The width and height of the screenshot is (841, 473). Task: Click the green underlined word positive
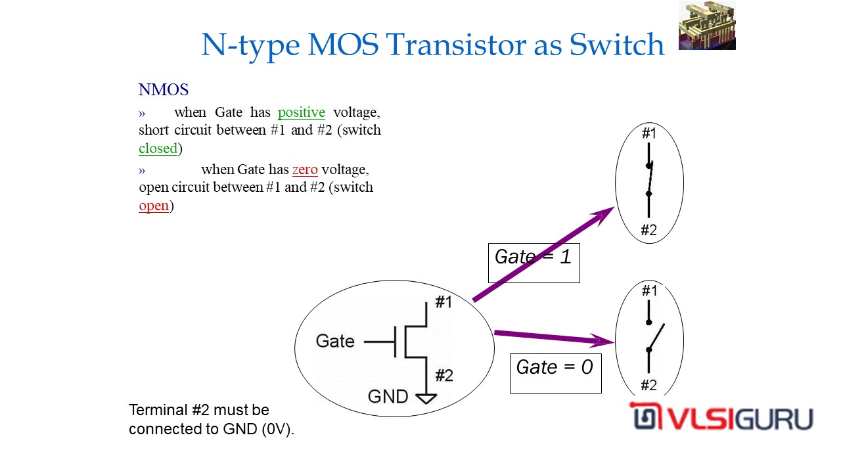coord(301,112)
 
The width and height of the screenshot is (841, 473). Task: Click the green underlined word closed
coord(158,148)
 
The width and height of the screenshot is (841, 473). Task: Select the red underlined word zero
coord(305,169)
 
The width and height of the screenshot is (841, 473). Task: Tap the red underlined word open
coord(154,206)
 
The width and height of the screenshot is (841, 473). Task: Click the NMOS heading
coord(164,90)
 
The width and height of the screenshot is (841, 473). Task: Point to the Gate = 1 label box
coord(534,263)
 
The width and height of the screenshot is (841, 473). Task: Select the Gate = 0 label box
coord(555,373)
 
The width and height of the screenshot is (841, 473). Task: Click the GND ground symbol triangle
coord(426,397)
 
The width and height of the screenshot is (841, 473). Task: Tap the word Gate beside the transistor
coord(335,341)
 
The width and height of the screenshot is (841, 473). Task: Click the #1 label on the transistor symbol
coord(444,302)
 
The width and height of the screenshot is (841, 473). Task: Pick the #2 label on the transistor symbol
coord(444,376)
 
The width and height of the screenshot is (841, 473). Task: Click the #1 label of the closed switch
coord(649,133)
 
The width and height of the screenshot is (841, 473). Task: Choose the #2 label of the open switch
coord(648,386)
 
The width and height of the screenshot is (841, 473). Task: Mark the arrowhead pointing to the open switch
coord(605,341)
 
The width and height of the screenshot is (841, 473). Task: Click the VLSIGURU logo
coord(721,418)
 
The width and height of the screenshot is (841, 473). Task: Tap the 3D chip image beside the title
coord(706,26)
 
